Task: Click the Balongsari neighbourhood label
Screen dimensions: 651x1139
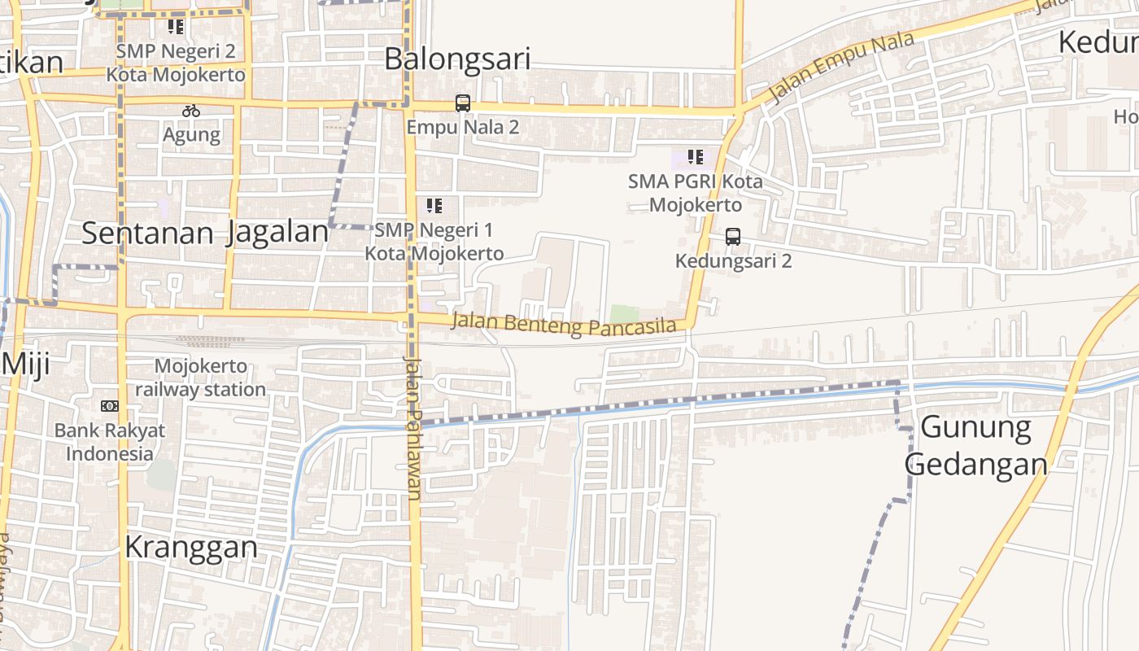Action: tap(457, 59)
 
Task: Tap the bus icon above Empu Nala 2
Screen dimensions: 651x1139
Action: tap(463, 103)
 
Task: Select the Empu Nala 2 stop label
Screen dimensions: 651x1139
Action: tap(463, 127)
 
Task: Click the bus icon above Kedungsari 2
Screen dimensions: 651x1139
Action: tap(733, 237)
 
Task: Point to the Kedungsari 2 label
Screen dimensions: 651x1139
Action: tap(734, 260)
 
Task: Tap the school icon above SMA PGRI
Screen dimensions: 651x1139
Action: tap(695, 157)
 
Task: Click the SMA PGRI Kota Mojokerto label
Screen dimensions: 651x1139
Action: tap(696, 193)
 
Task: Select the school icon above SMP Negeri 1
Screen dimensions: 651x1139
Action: tap(434, 206)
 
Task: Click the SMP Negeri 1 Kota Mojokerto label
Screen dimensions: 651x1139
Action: tap(434, 242)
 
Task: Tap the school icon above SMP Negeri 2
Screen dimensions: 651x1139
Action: tap(176, 27)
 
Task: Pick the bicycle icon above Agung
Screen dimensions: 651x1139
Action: tap(191, 111)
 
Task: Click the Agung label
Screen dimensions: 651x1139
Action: tap(191, 134)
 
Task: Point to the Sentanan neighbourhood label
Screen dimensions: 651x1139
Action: tap(147, 234)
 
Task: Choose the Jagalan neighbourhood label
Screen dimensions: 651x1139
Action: tap(277, 233)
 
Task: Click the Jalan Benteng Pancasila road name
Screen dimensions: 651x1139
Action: tap(564, 324)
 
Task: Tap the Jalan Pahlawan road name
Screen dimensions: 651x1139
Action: tap(413, 427)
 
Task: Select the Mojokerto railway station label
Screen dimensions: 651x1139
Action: tap(201, 378)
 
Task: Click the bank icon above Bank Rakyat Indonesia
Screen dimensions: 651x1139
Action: tap(110, 406)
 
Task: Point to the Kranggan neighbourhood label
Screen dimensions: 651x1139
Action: tap(191, 548)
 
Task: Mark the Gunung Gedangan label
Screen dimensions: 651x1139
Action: tap(976, 446)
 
